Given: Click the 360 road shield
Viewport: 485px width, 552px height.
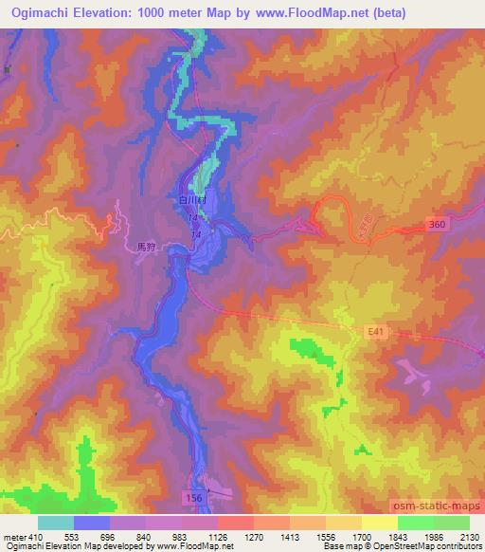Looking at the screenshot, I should click(x=437, y=222).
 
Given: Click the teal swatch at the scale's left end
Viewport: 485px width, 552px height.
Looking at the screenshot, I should click(x=56, y=523).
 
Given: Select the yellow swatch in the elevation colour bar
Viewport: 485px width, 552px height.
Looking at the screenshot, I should click(x=379, y=523).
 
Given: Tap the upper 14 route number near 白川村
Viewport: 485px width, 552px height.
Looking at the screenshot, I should click(x=195, y=220).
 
